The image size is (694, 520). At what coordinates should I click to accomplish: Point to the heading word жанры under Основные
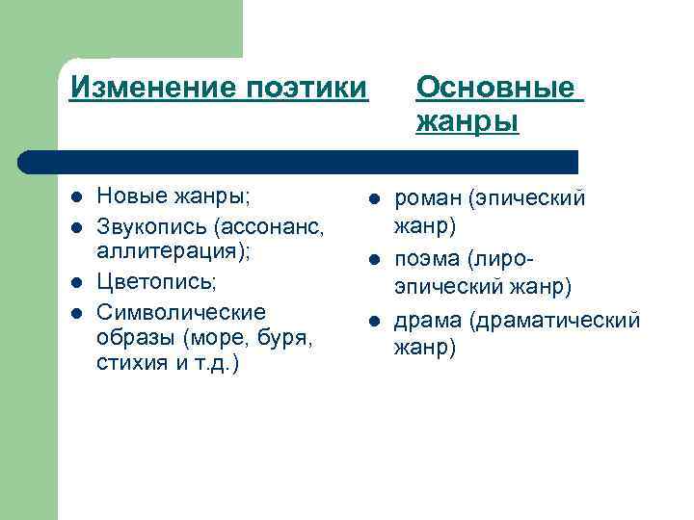click(x=467, y=123)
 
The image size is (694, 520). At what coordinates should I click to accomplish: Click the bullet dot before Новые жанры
click(x=75, y=198)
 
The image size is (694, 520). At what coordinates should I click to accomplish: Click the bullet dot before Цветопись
click(x=75, y=284)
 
